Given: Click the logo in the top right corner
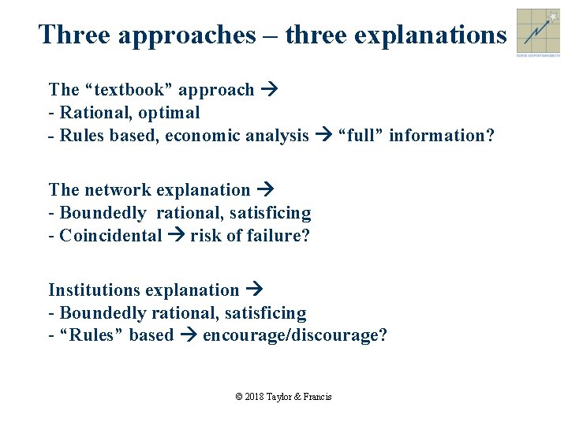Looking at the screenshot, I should pos(538,32).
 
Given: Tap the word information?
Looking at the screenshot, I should pos(442,136).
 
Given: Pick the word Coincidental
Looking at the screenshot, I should pos(110,236).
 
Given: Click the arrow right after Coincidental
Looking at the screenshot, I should pos(176,236).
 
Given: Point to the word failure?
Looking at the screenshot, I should pos(281,236).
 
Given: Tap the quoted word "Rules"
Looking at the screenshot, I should pos(92,335).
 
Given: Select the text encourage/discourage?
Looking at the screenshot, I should pos(295,335).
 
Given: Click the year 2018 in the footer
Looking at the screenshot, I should pos(254,397).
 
